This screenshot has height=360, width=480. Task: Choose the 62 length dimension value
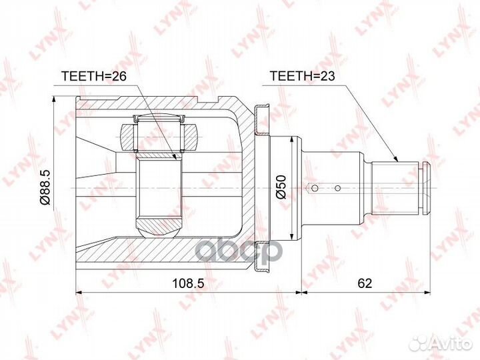[365, 284]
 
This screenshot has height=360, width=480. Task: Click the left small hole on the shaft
[312, 187]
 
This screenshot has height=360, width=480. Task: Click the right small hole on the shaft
[338, 187]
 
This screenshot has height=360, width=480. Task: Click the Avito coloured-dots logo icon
[419, 343]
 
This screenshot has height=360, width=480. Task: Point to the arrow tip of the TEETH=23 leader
[397, 162]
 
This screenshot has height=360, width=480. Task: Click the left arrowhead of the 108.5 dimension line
[79, 292]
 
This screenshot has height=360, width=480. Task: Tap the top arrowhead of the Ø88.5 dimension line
[53, 98]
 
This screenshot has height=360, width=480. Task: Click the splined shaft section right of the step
[397, 187]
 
